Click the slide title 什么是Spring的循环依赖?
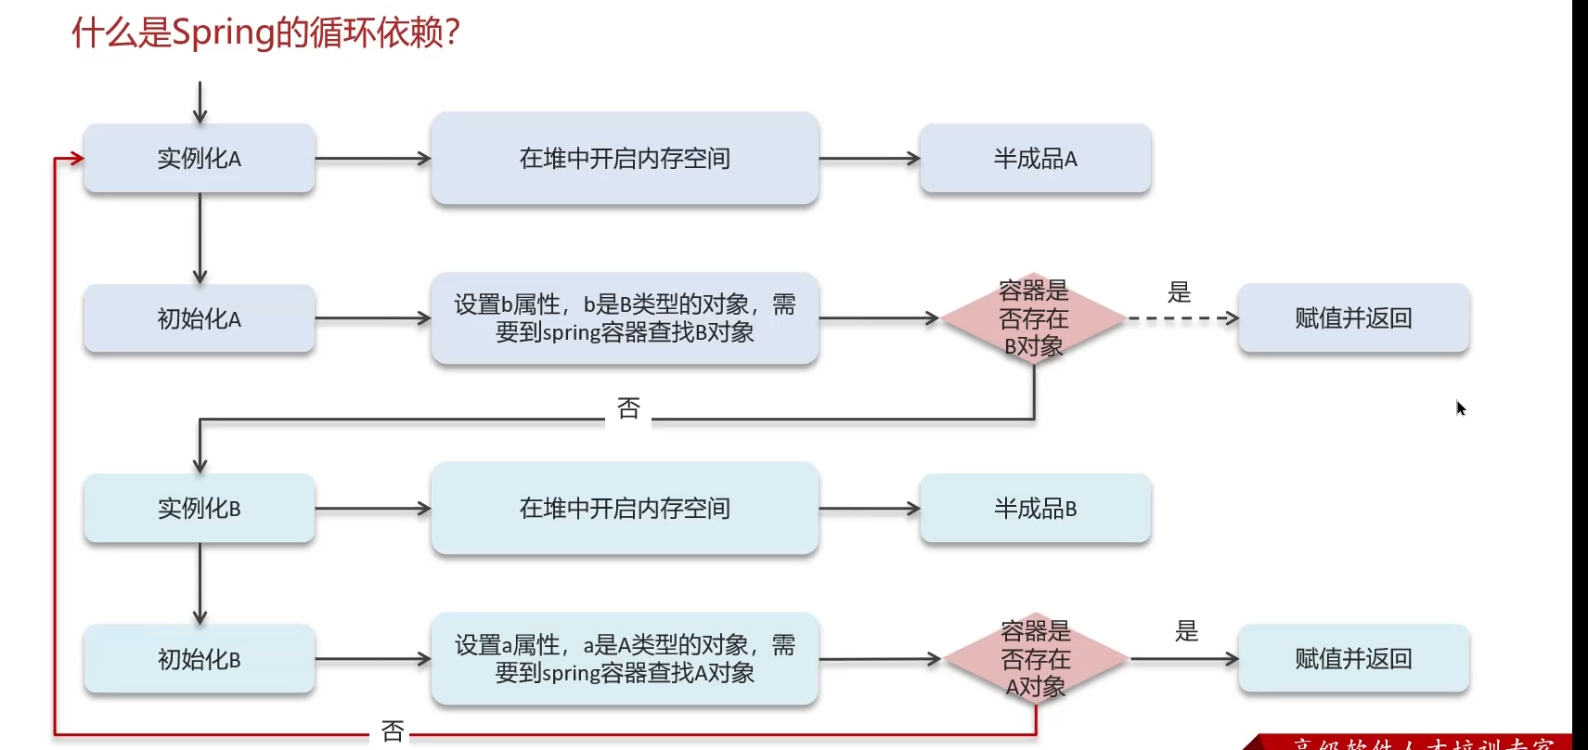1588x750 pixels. click(x=266, y=32)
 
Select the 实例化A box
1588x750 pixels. click(x=200, y=159)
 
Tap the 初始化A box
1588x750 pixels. click(x=200, y=318)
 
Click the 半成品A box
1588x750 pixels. click(x=1035, y=159)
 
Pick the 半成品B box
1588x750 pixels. click(x=1035, y=509)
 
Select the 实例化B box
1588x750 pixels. click(x=200, y=509)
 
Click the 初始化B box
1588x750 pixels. click(x=200, y=659)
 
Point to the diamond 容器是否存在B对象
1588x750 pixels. click(x=1033, y=318)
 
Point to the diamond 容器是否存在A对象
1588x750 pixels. click(x=1035, y=659)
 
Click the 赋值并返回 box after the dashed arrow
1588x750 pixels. click(x=1353, y=318)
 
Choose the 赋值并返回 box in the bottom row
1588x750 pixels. click(x=1353, y=659)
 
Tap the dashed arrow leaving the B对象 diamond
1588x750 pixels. click(x=1182, y=318)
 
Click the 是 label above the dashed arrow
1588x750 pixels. click(x=1179, y=292)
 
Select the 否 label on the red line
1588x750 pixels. click(x=393, y=731)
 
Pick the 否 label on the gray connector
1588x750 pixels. click(x=628, y=408)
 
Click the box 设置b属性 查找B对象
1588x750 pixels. click(x=625, y=318)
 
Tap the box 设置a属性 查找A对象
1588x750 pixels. click(x=625, y=659)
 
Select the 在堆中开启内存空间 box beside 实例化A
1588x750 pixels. click(x=625, y=159)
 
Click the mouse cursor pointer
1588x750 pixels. click(x=1460, y=407)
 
